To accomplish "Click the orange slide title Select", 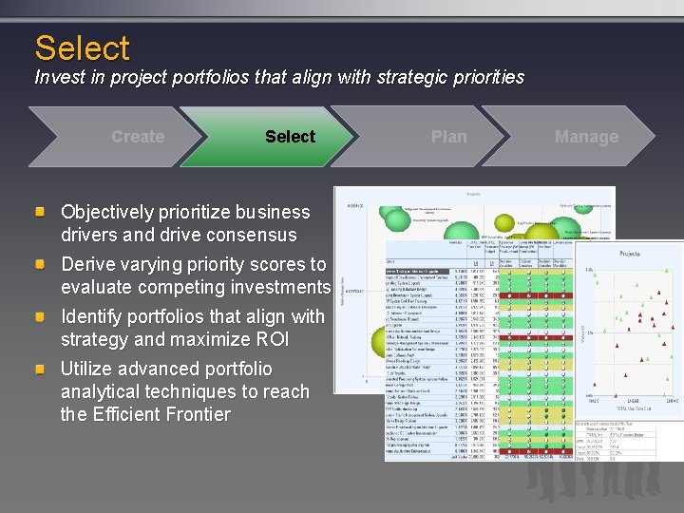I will coord(82,47).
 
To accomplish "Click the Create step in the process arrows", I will coord(138,137).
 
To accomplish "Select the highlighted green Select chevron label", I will coord(290,137).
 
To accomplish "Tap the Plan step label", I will coord(448,137).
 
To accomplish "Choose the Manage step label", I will coord(586,137).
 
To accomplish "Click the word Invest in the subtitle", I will coord(58,78).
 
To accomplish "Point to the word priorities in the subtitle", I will coord(485,78).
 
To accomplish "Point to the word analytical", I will coord(104,391).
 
